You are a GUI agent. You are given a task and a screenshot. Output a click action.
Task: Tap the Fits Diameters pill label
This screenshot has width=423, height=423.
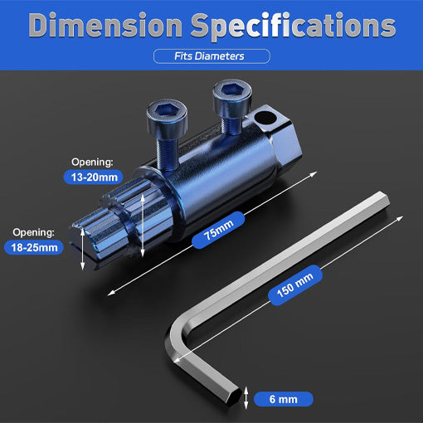(x=211, y=56)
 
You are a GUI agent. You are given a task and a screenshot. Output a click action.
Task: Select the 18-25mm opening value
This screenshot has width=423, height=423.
(x=34, y=246)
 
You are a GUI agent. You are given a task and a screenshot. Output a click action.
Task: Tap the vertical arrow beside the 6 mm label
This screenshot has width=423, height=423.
(x=247, y=399)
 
